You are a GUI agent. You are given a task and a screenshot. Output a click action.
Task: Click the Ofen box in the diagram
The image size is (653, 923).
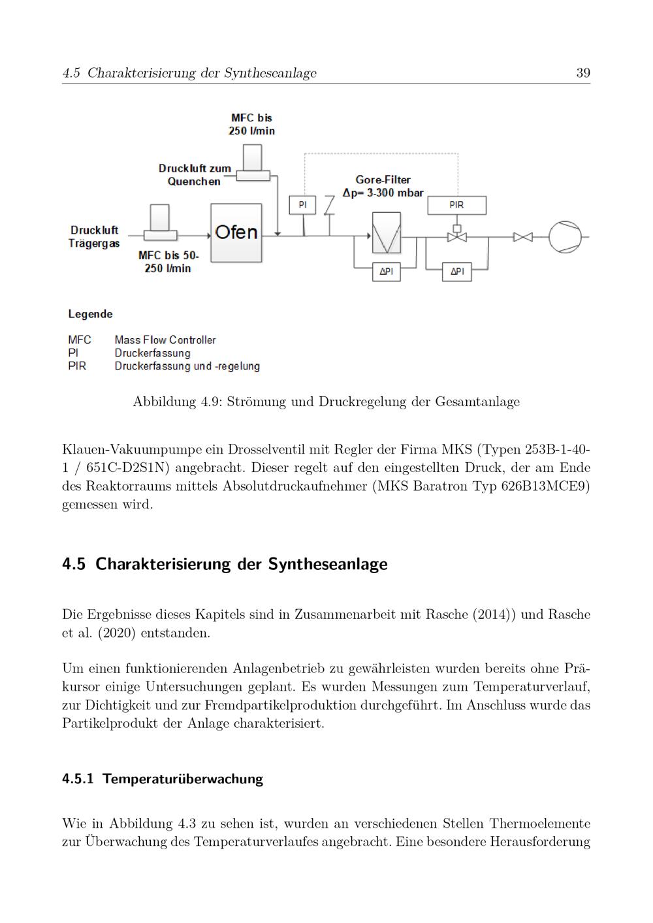[236, 232]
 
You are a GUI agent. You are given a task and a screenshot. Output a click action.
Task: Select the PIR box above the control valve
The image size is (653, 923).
[456, 205]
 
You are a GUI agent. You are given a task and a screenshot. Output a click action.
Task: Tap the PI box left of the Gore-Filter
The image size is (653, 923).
[302, 205]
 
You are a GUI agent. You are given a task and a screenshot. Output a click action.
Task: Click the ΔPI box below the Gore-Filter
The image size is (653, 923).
[386, 272]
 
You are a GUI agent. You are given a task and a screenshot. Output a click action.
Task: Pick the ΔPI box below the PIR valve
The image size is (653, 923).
[456, 272]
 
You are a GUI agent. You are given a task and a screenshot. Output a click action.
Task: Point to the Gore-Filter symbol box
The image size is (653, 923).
[386, 233]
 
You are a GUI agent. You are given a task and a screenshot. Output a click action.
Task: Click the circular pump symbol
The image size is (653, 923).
[564, 236]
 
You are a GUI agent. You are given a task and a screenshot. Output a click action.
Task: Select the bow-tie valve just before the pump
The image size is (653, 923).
[522, 236]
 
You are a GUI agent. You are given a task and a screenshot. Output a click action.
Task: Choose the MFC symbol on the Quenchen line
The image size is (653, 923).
[252, 163]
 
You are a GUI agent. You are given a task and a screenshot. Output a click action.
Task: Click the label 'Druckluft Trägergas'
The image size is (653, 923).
[94, 236]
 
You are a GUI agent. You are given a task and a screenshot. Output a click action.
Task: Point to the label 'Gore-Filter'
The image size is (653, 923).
[383, 180]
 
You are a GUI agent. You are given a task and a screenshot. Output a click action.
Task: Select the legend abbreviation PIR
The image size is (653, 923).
[77, 366]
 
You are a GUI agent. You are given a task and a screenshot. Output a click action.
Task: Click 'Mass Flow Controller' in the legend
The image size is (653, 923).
[165, 340]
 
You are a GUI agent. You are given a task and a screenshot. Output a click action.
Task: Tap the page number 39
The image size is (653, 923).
[583, 72]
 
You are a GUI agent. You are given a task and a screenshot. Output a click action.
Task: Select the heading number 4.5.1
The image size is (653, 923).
[78, 779]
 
